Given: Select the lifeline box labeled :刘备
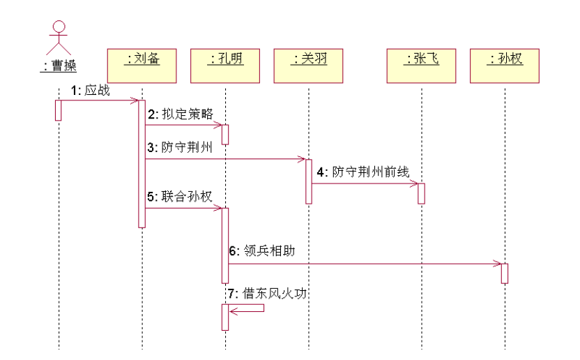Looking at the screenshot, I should pos(142,65).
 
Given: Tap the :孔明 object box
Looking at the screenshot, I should pos(225,65).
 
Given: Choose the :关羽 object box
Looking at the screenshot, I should pos(309,65).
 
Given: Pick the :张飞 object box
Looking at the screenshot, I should pos(422,65).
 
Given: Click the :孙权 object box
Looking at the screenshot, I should pos(505,65).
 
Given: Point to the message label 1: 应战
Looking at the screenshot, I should pos(90,91).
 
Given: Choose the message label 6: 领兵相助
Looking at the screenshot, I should pos(261,250).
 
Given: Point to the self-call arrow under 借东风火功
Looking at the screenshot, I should pos(247,308).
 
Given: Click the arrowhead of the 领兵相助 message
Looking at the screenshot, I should pos(497,264).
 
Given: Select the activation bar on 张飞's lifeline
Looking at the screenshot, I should pos(421,193).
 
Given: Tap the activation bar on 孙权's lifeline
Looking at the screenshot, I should pos(504,273).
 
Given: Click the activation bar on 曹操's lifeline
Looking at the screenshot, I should pos(59,110).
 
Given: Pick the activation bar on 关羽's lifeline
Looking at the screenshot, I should pos(308,181).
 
